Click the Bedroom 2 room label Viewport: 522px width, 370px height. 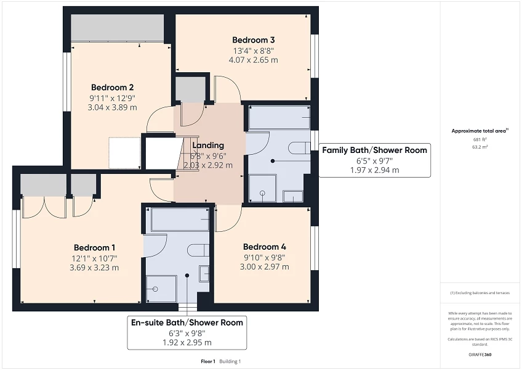pos(112,87)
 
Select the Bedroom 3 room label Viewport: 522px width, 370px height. pos(253,40)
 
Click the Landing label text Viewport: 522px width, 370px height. pos(208,146)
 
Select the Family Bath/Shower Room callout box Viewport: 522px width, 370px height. pos(374,160)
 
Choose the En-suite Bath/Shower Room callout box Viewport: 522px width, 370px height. pos(187,332)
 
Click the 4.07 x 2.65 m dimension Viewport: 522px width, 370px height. pos(253,60)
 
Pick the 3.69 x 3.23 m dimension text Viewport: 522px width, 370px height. pos(94,268)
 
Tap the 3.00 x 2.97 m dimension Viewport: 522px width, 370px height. pos(264,267)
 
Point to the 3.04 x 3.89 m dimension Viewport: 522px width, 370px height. pos(112,107)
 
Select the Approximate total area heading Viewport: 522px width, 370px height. pos(480,131)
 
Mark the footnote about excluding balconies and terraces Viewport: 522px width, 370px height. pos(480,293)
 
